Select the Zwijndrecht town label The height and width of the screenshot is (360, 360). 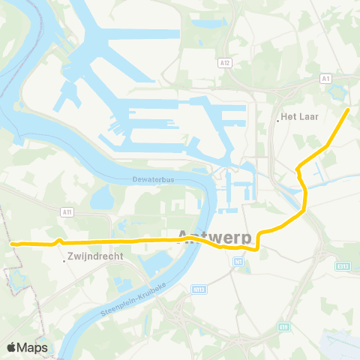(x=95, y=255)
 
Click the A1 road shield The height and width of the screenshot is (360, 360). (x=325, y=78)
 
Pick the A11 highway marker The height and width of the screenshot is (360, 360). (x=67, y=212)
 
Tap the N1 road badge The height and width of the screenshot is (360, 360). (x=238, y=262)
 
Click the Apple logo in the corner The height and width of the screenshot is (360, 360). (x=12, y=347)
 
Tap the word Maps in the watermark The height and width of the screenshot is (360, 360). (x=33, y=347)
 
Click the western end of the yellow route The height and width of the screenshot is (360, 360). (x=11, y=243)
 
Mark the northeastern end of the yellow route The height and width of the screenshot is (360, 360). (x=348, y=109)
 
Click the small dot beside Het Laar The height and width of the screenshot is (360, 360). (x=277, y=118)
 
